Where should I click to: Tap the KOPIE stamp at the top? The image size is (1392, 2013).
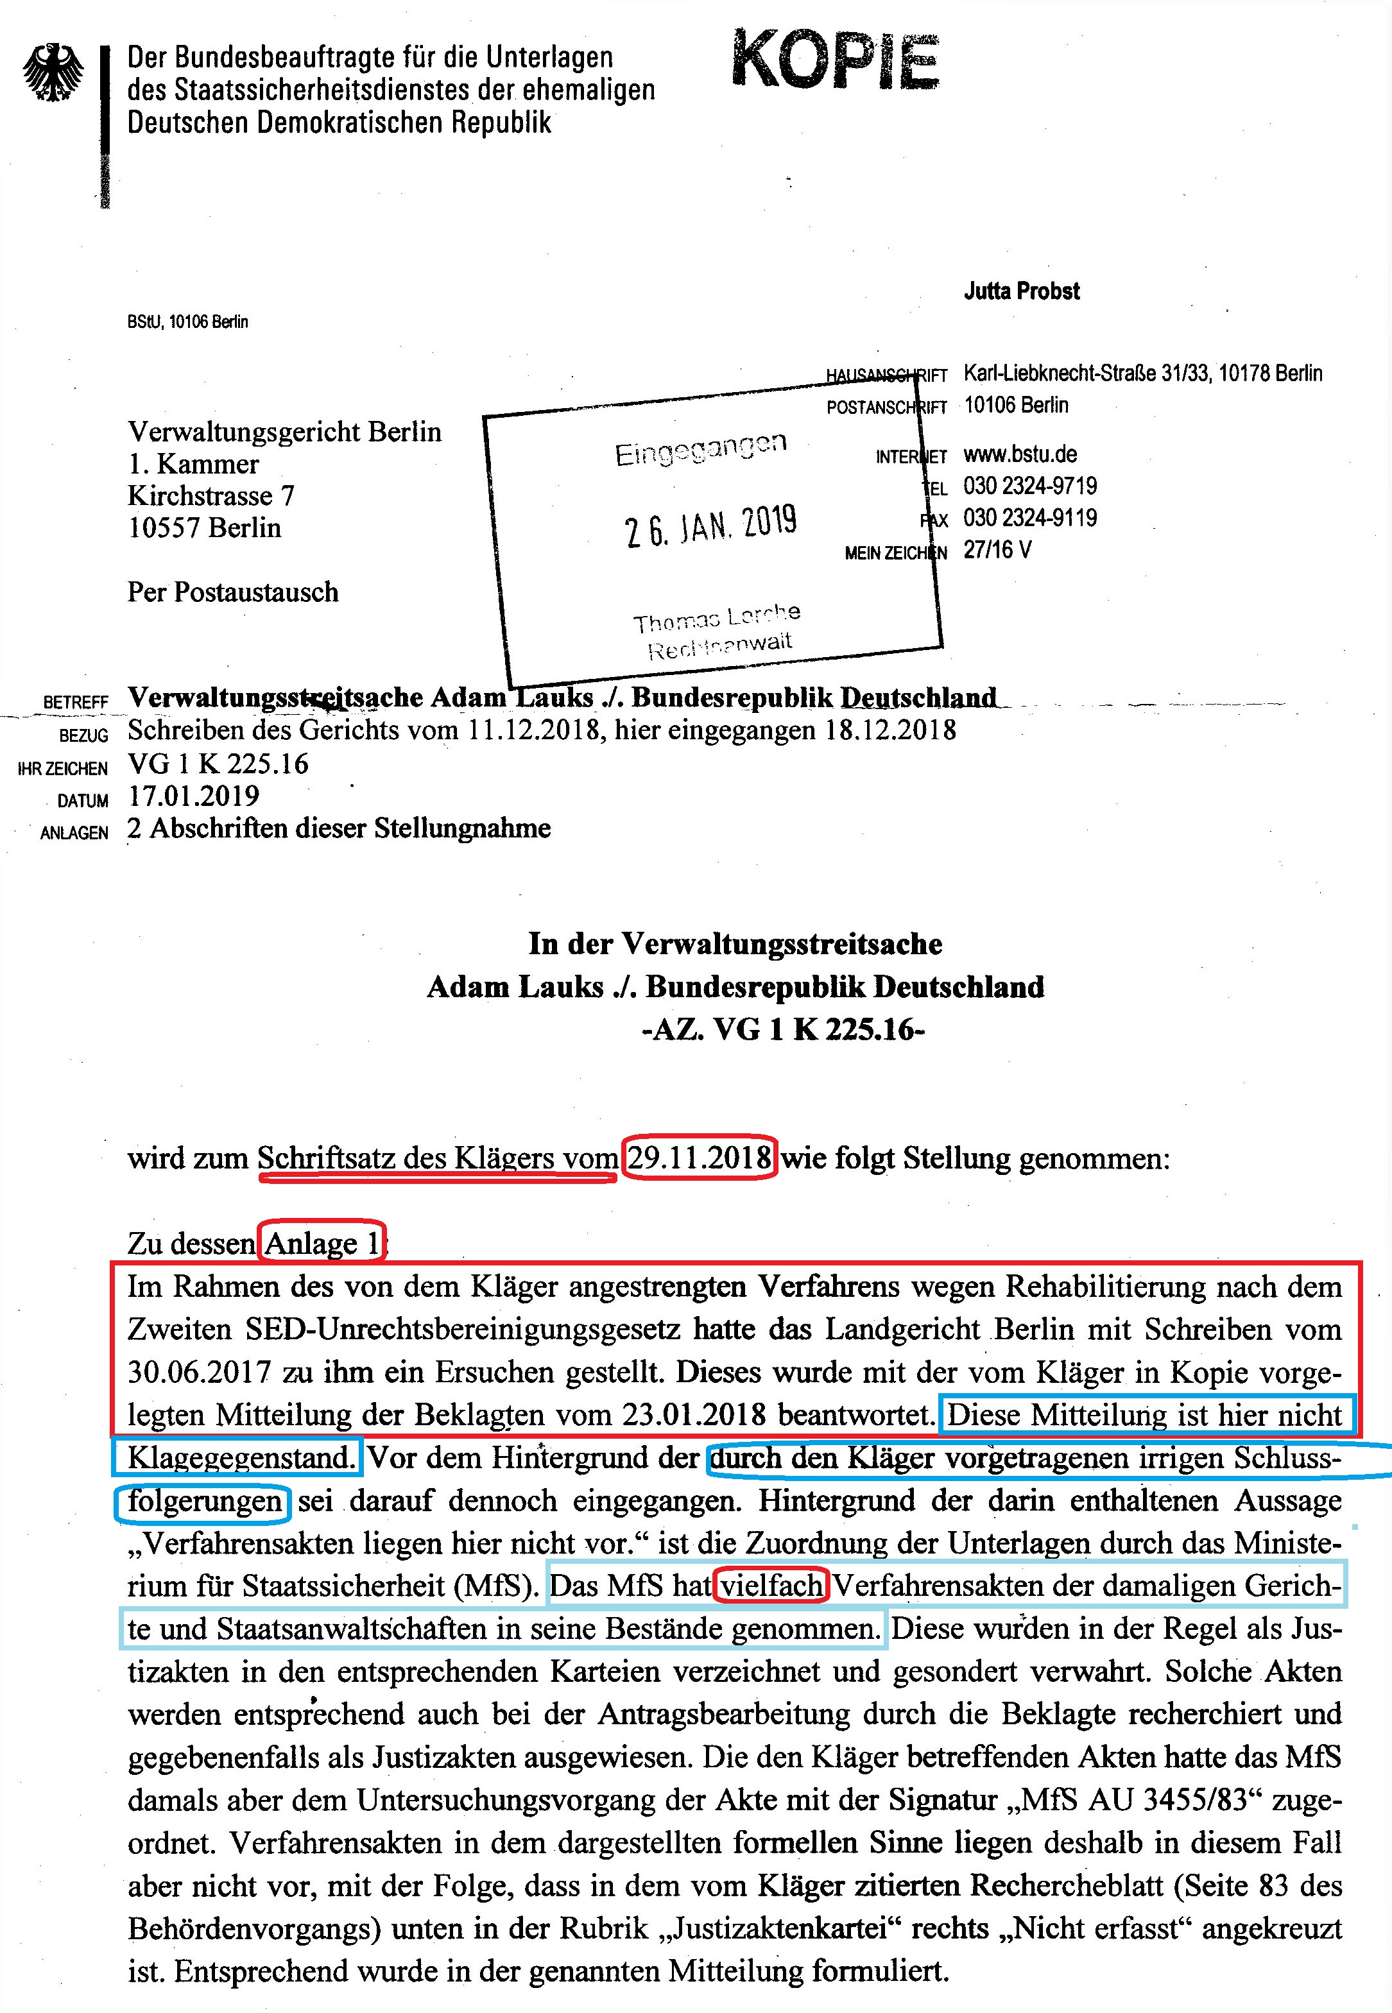click(x=835, y=60)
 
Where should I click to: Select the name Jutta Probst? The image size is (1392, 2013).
click(x=1021, y=291)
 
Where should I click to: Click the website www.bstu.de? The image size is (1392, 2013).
click(x=1020, y=454)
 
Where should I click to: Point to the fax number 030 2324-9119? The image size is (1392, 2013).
click(x=1030, y=518)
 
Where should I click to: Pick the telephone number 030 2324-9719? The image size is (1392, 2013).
click(x=1030, y=486)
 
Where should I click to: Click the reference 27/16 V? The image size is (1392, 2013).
click(x=997, y=551)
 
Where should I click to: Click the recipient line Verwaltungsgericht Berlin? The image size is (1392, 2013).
click(x=284, y=432)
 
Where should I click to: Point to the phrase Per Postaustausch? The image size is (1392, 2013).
click(x=233, y=592)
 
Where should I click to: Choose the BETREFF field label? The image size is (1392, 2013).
click(x=76, y=702)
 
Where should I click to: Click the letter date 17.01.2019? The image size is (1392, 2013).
click(x=194, y=796)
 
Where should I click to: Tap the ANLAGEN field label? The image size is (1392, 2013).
click(x=74, y=833)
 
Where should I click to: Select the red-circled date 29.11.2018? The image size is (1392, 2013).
click(x=700, y=1158)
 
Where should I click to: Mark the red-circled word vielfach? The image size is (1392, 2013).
click(x=771, y=1585)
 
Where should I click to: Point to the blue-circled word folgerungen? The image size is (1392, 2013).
click(x=204, y=1501)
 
